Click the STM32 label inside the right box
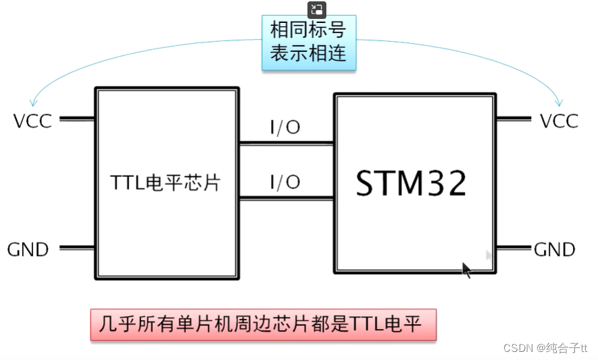tap(411, 182)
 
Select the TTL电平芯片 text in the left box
tap(165, 183)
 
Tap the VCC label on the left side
tap(32, 121)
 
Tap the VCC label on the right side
tap(559, 121)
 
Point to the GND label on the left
tap(28, 249)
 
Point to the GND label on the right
tap(554, 249)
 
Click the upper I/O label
tap(284, 127)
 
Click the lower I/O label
tap(284, 182)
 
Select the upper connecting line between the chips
tap(286, 143)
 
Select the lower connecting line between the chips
tap(286, 198)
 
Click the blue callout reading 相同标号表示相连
tap(308, 43)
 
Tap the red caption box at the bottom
tap(264, 325)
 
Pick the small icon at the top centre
tap(317, 9)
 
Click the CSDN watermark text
tap(545, 348)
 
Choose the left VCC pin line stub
tap(77, 119)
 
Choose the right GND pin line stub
tap(514, 248)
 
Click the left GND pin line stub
tap(77, 248)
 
